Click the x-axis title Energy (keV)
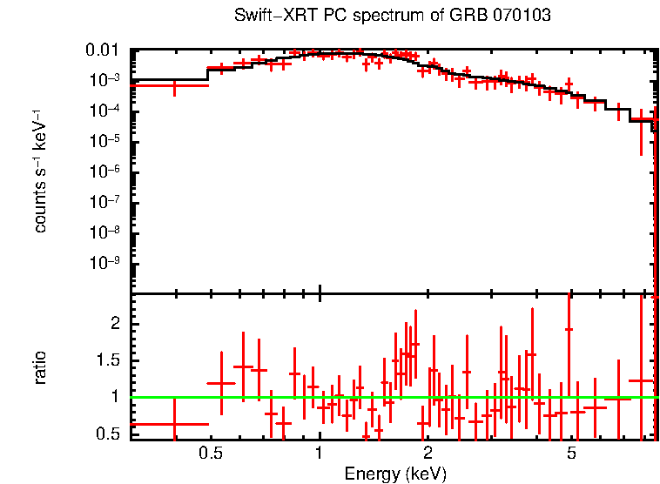click(395, 474)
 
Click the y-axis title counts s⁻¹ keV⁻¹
click(40, 171)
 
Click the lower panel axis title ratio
click(40, 367)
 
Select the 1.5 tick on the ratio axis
click(111, 360)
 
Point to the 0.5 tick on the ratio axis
click(111, 434)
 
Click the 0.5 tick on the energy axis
click(210, 454)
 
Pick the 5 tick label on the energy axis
click(571, 454)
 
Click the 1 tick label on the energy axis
click(320, 454)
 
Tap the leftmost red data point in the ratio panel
click(174, 424)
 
